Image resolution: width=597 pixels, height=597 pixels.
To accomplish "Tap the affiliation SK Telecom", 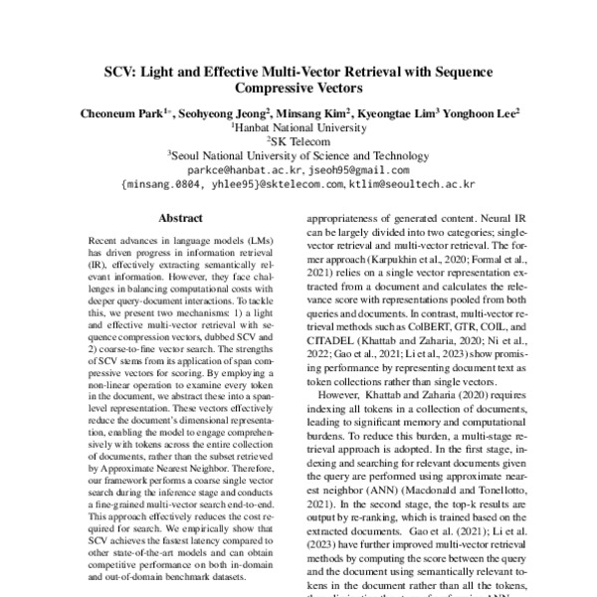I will click(299, 142).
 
